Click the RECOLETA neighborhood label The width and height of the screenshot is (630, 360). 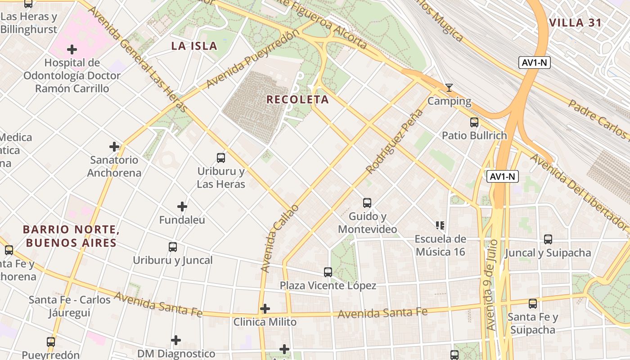pyautogui.click(x=297, y=99)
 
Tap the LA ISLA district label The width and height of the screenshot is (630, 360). pyautogui.click(x=194, y=45)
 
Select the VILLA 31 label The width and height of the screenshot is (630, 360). pyautogui.click(x=575, y=23)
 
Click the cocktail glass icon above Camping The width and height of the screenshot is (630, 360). pyautogui.click(x=449, y=88)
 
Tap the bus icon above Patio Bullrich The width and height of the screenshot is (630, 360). pyautogui.click(x=474, y=122)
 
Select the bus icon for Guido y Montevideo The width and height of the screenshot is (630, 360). pyautogui.click(x=367, y=203)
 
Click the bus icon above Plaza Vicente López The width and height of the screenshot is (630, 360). pyautogui.click(x=328, y=272)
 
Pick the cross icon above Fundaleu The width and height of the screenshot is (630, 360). pyautogui.click(x=182, y=207)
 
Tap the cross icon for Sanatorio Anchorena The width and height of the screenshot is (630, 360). pyautogui.click(x=114, y=146)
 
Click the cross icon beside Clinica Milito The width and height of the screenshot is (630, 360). pyautogui.click(x=265, y=309)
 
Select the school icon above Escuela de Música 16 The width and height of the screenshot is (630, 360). pyautogui.click(x=440, y=225)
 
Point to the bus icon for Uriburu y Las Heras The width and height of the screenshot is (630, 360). pyautogui.click(x=220, y=158)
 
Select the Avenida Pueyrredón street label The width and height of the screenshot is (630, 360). pyautogui.click(x=253, y=59)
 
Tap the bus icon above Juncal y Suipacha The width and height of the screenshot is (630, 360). pyautogui.click(x=548, y=239)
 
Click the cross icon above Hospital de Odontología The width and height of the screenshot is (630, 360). pyautogui.click(x=72, y=49)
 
